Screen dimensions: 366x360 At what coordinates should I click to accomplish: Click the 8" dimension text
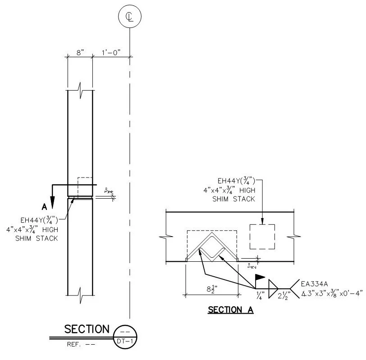(80, 53)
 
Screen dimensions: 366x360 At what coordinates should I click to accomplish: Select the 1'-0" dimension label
(111, 53)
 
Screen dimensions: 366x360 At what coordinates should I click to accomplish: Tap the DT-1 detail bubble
(125, 337)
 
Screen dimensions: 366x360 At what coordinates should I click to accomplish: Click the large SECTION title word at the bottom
(87, 329)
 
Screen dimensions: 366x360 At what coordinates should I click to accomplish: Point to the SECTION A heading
(231, 310)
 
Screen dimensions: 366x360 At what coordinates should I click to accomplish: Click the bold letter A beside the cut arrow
(44, 207)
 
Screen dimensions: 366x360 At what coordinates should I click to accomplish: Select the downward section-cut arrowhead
(53, 202)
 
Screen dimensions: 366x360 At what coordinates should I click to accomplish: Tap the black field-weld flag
(260, 277)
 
